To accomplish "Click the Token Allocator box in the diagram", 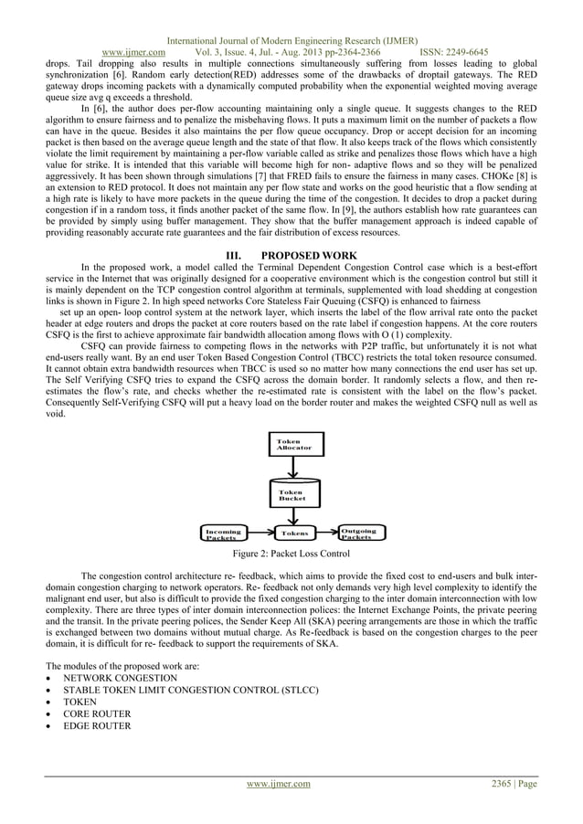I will pyautogui.click(x=293, y=445).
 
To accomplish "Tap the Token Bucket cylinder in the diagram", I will pyautogui.click(x=293, y=495).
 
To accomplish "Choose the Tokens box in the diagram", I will pyautogui.click(x=293, y=533).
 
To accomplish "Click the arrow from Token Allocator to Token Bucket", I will pyautogui.click(x=293, y=467).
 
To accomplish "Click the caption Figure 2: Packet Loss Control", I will pyautogui.click(x=291, y=554).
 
